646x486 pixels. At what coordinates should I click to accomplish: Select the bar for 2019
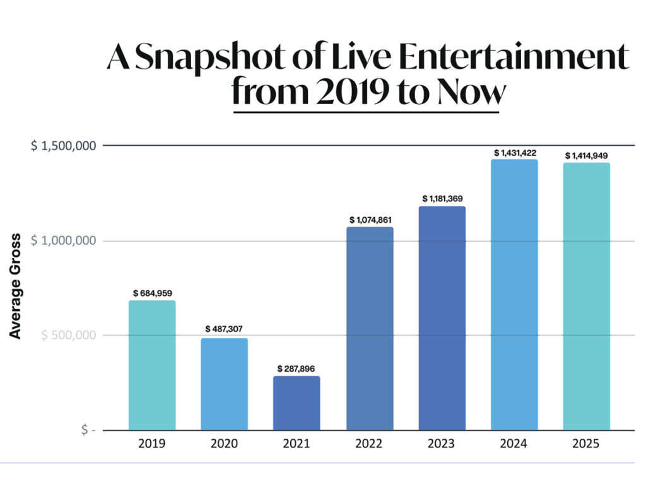click(152, 365)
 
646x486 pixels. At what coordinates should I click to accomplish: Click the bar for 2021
click(297, 403)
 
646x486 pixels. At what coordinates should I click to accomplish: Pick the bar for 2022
click(370, 329)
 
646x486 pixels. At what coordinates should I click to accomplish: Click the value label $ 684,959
click(153, 293)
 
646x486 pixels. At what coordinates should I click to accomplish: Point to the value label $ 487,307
click(225, 329)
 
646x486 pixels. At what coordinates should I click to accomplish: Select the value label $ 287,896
click(297, 368)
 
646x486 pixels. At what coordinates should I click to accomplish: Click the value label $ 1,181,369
click(442, 199)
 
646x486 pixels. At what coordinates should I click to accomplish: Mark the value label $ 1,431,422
click(515, 152)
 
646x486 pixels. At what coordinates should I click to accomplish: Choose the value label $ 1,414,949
click(587, 155)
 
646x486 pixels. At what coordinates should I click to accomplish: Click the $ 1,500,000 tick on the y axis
click(64, 146)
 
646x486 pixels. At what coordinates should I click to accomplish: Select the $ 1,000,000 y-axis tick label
click(64, 240)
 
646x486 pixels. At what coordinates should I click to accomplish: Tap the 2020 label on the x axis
click(225, 444)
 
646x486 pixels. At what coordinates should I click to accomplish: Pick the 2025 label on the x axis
click(587, 444)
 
